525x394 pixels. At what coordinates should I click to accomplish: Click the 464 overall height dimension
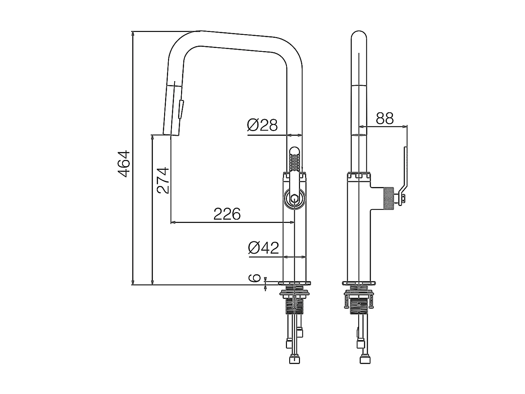124,164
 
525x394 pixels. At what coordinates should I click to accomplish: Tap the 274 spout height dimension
163,180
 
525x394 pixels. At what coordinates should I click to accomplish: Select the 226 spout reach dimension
227,214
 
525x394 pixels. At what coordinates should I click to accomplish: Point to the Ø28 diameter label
262,125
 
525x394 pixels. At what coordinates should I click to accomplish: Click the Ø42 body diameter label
263,248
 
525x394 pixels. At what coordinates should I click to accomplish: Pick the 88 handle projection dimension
385,118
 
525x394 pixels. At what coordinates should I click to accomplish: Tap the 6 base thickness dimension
254,278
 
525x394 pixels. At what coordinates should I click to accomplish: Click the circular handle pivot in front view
294,198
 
